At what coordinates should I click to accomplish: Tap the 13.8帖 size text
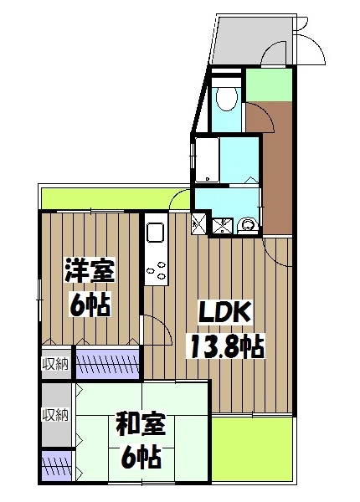pos(224,344)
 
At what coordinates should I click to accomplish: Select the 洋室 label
pos(90,272)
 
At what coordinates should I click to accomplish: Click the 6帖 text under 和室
pos(139,457)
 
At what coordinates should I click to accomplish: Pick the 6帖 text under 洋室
pos(90,305)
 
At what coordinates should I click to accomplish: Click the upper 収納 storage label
pos(56,364)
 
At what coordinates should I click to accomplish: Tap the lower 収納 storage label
pos(56,414)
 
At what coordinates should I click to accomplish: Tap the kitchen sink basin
pos(157,231)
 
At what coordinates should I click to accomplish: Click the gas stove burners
pos(157,271)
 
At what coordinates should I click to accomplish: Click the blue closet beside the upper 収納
pos(107,365)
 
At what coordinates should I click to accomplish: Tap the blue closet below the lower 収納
pos(56,463)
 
